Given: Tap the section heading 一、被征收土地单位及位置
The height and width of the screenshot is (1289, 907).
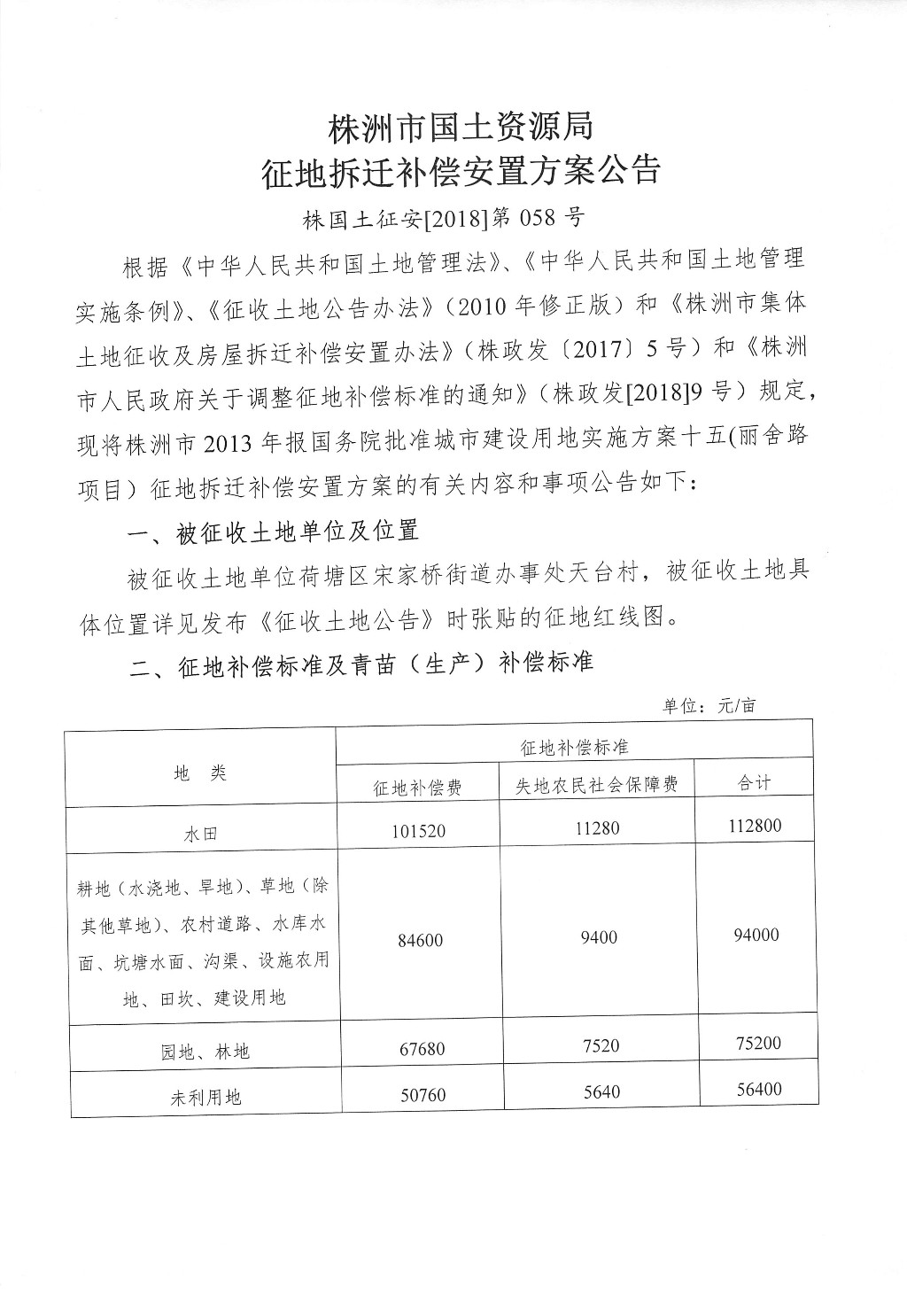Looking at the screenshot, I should coord(273,532).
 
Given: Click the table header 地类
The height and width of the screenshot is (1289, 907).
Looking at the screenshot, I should coord(201,773).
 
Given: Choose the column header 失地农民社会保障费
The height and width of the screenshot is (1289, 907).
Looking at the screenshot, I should coord(598,785).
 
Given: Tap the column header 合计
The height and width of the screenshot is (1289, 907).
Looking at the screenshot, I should coord(755,783).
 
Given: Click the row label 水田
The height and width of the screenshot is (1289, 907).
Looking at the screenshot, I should coord(201,834).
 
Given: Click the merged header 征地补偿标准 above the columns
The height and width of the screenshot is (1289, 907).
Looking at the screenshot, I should coord(574,748).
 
